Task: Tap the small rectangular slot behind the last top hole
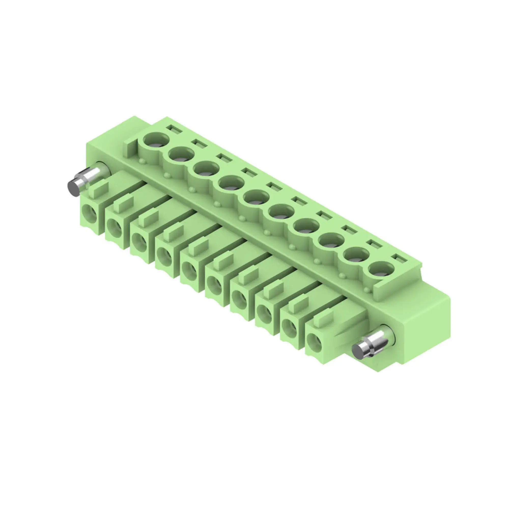click(398, 258)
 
